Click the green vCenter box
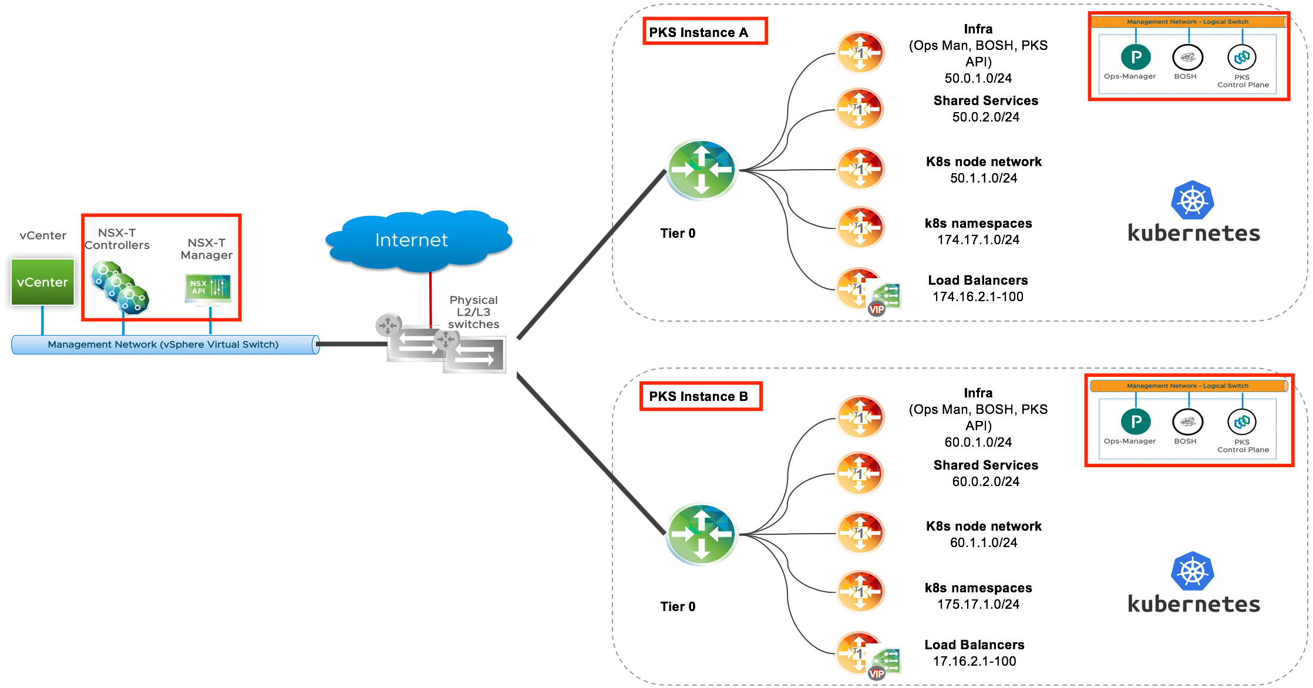(x=42, y=282)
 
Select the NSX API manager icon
(x=208, y=288)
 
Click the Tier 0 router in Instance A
(x=701, y=170)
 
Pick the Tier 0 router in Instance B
(x=701, y=534)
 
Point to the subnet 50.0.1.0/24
(x=978, y=78)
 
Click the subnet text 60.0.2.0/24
(x=985, y=481)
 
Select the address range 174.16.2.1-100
(x=978, y=296)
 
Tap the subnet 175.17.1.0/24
(x=978, y=604)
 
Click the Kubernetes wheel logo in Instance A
(x=1192, y=201)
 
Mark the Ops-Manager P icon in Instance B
(x=1135, y=421)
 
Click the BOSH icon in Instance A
(x=1187, y=58)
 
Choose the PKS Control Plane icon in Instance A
(x=1241, y=58)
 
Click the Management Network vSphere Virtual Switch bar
(x=164, y=345)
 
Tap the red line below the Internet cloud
(x=430, y=299)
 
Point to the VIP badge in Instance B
(x=876, y=673)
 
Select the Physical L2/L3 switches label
(x=473, y=312)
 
